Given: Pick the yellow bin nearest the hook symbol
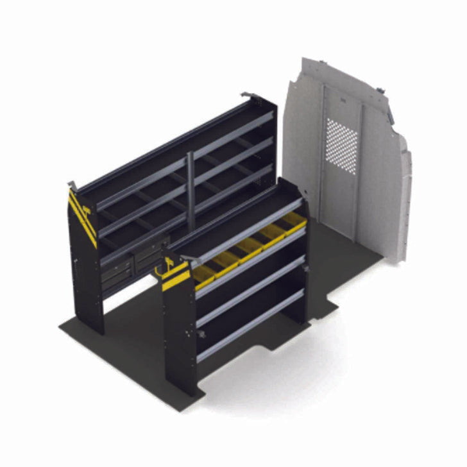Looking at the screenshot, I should coord(203,273).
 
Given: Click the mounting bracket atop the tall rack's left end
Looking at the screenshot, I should coord(72,186).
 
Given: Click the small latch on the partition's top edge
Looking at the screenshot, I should coord(381,90).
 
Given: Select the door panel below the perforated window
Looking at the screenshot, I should coord(343,199).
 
